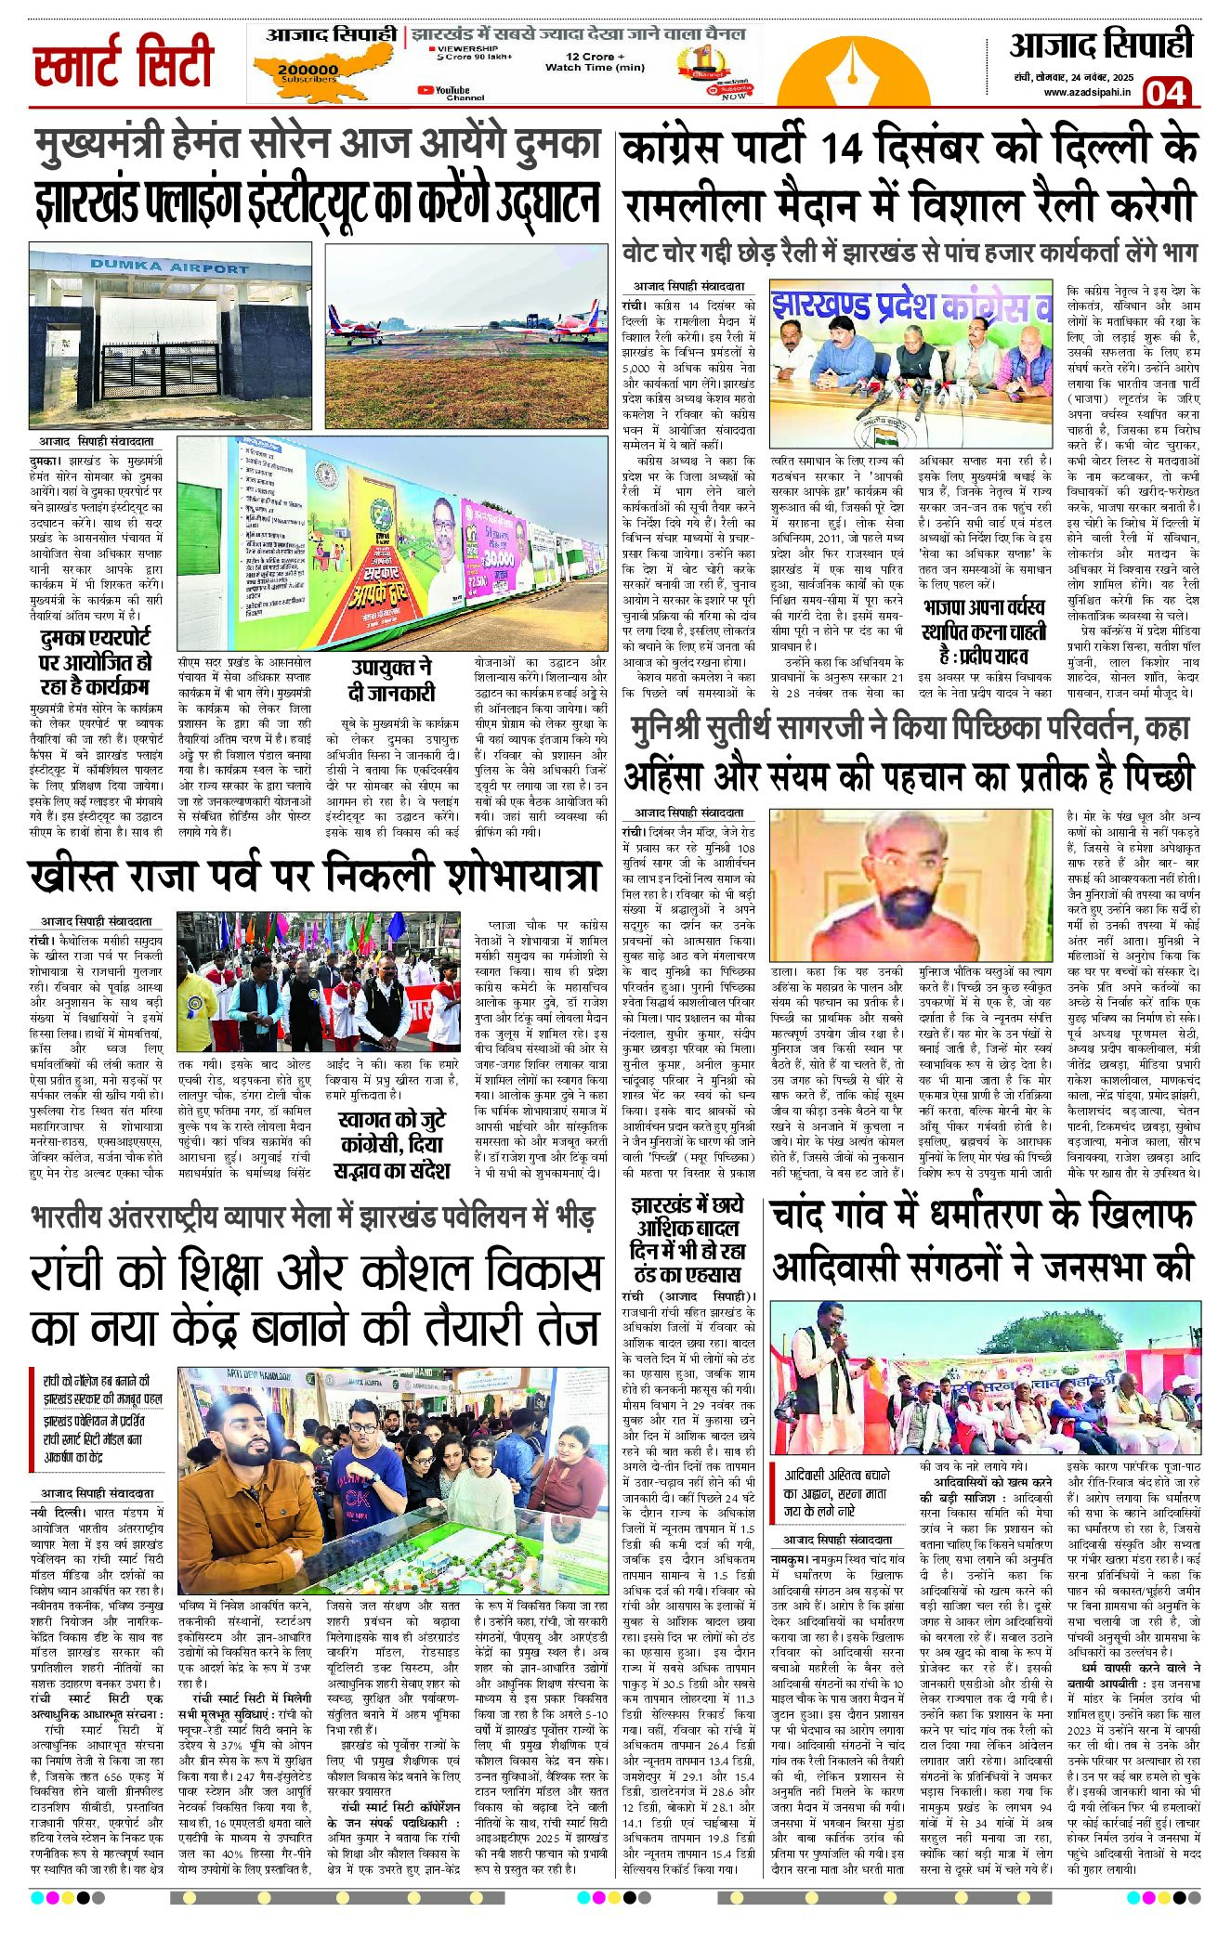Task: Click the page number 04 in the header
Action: coord(1166,93)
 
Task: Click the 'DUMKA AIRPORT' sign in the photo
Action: coord(169,267)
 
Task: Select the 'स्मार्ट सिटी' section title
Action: coord(124,62)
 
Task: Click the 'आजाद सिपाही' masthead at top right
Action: coord(1101,45)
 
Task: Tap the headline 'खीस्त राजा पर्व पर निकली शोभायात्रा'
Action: coord(316,876)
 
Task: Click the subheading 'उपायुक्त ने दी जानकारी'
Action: coord(391,680)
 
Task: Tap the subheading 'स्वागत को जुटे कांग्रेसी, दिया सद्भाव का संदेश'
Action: coord(391,1144)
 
